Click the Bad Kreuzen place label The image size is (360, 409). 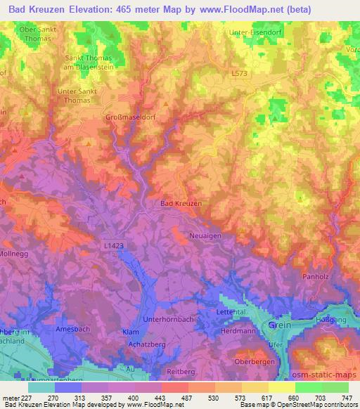point(181,203)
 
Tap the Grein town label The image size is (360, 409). point(278,326)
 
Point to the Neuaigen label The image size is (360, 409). point(205,237)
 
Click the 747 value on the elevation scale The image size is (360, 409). point(347,397)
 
